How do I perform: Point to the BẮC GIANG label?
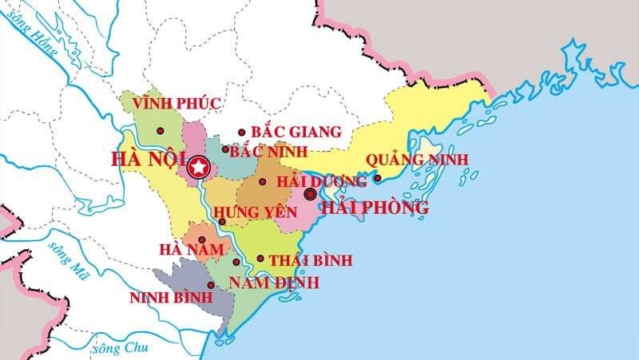point(296,132)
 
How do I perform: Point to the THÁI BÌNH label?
point(311,260)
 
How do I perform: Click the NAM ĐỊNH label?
point(273,283)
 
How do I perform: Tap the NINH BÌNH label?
point(170,298)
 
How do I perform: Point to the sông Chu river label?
point(121,348)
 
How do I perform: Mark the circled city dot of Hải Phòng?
point(310,194)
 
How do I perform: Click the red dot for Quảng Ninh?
point(378,178)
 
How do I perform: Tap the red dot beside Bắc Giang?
point(242,133)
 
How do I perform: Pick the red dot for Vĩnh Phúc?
point(160,130)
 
